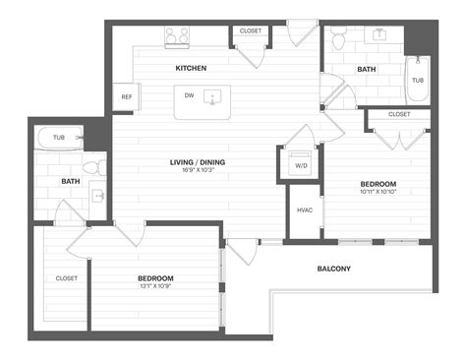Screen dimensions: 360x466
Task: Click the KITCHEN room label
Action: pyautogui.click(x=191, y=68)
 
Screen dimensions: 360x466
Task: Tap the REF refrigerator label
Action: pyautogui.click(x=127, y=97)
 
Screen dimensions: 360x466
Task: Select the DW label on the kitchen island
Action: pyautogui.click(x=188, y=95)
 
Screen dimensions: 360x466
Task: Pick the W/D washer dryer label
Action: pyautogui.click(x=300, y=165)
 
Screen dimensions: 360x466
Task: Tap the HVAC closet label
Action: pyautogui.click(x=304, y=210)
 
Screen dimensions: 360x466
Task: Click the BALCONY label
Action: pyautogui.click(x=334, y=269)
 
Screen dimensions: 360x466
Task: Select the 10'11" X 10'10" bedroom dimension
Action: pyautogui.click(x=378, y=192)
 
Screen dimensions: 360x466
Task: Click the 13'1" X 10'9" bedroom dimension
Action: pyautogui.click(x=155, y=286)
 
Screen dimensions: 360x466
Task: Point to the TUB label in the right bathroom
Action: pyautogui.click(x=418, y=81)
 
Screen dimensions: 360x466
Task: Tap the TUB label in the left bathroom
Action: pyautogui.click(x=59, y=138)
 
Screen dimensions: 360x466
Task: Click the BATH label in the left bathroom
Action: pyautogui.click(x=71, y=181)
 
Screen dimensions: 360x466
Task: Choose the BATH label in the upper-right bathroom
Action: pyautogui.click(x=366, y=69)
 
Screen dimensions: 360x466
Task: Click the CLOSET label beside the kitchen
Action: pyautogui.click(x=251, y=31)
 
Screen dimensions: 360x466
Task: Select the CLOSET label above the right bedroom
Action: pyautogui.click(x=399, y=114)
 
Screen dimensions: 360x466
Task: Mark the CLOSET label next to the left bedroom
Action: pyautogui.click(x=66, y=277)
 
